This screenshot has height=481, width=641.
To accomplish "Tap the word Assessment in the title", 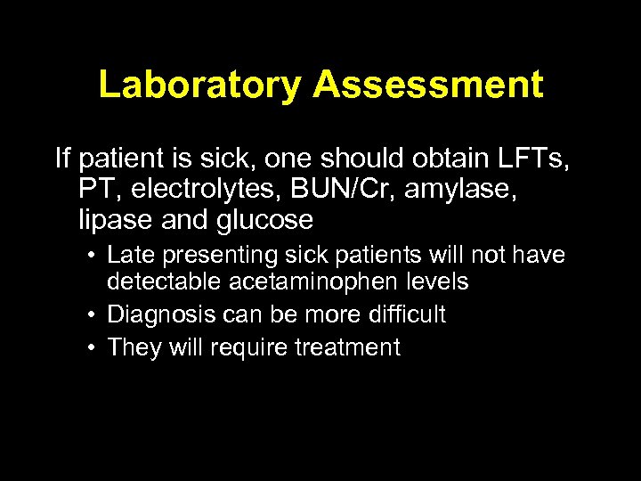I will (427, 86).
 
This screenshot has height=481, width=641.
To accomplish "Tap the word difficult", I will (398, 314).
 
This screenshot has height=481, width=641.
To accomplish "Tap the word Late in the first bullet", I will (129, 256).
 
